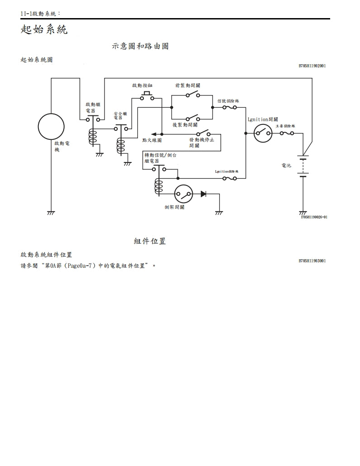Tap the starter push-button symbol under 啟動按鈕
tap(147, 96)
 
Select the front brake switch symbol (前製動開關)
tap(193, 95)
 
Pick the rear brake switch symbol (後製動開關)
tap(193, 118)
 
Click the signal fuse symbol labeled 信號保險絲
tap(229, 108)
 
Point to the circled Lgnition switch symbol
tap(262, 133)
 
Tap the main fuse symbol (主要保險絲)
tap(287, 133)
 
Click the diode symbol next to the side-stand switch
tap(204, 194)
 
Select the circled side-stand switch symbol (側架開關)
tap(184, 194)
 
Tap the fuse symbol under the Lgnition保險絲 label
tap(229, 179)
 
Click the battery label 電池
tap(286, 166)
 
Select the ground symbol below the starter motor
tap(51, 213)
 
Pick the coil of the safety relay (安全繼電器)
tap(121, 146)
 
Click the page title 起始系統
tap(44, 30)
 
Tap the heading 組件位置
tap(150, 241)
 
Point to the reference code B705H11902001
tap(312, 66)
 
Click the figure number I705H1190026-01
tap(314, 217)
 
